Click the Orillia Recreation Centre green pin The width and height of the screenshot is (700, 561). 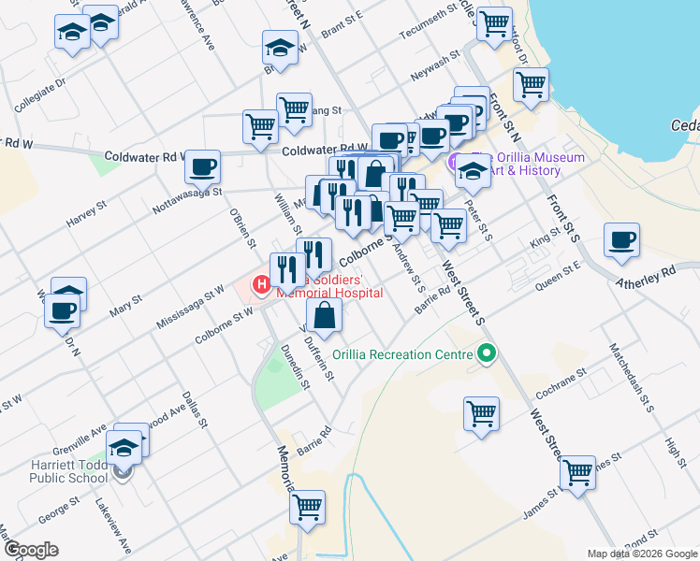pyautogui.click(x=486, y=354)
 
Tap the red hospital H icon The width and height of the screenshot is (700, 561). pyautogui.click(x=262, y=281)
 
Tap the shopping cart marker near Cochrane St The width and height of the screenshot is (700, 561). pyautogui.click(x=481, y=411)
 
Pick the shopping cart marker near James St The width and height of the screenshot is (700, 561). pyautogui.click(x=577, y=472)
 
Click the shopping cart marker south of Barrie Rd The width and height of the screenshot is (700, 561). pyautogui.click(x=306, y=508)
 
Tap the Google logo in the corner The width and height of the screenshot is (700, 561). pyautogui.click(x=30, y=550)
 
